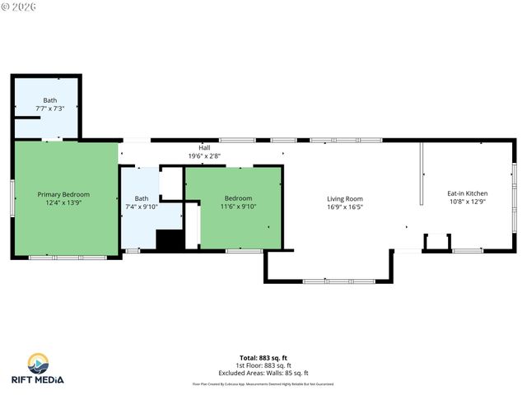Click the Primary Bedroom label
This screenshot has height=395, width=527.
click(x=63, y=194)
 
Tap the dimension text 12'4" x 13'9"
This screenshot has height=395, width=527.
click(x=63, y=202)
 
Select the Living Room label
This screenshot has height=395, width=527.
click(x=344, y=198)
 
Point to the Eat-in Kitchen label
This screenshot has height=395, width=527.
click(x=467, y=193)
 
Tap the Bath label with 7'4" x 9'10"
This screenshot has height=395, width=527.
click(x=142, y=197)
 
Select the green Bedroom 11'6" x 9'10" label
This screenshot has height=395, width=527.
click(x=238, y=198)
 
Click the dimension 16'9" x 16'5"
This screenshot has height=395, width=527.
click(x=344, y=207)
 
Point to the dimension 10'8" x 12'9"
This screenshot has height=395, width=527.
click(x=467, y=202)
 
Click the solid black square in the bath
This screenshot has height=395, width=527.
click(x=169, y=239)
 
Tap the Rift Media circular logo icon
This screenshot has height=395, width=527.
click(x=37, y=364)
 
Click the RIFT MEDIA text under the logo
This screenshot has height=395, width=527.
click(x=37, y=379)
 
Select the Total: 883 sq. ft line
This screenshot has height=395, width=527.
click(x=263, y=358)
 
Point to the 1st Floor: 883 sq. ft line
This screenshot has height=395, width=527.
click(x=263, y=365)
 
